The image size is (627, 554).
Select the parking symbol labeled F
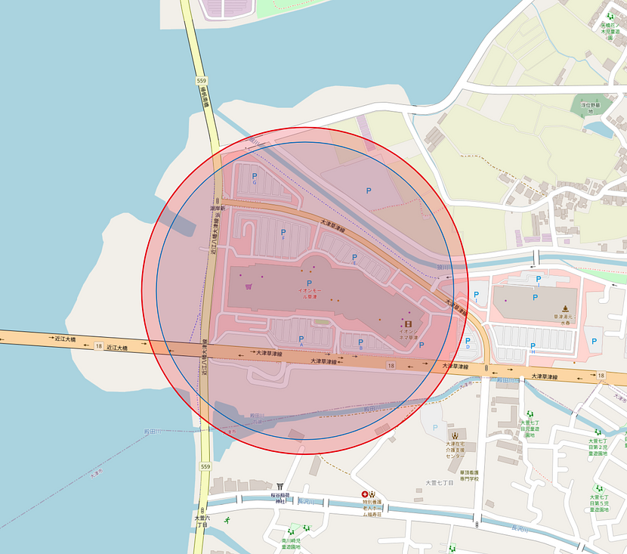(283, 233)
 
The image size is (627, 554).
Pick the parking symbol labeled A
(302, 340)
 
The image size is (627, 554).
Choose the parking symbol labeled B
(360, 343)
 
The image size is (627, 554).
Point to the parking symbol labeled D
(468, 342)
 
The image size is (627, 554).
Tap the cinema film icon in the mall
(407, 323)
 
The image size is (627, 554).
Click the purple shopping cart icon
(248, 287)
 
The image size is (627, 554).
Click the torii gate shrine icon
(281, 486)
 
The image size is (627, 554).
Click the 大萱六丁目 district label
(201, 521)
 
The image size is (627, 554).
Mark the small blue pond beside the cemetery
(601, 128)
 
